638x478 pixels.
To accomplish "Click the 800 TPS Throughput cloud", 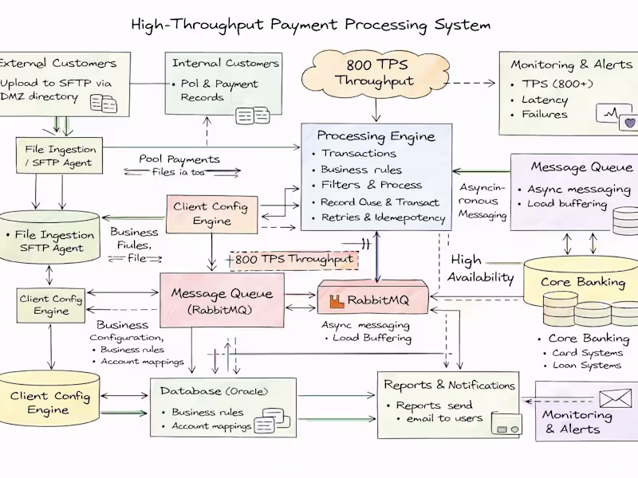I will coord(375,72).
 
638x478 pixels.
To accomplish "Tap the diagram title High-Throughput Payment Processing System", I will coord(310,25).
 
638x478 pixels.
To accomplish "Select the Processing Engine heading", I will coord(376,135).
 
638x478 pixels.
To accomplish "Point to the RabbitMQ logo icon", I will coord(338,300).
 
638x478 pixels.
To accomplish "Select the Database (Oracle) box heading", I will coord(214,391).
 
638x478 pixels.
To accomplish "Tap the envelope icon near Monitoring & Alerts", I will coord(613,398).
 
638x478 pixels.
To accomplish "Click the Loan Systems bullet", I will coord(587,365).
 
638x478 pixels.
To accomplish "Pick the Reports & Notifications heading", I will coord(449,385).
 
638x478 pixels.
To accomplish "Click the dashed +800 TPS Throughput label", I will coord(290,259).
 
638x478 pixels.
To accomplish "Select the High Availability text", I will coord(482,268).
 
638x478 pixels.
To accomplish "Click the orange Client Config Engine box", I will coord(211,214).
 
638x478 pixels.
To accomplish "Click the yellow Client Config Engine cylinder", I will coord(50,402).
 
